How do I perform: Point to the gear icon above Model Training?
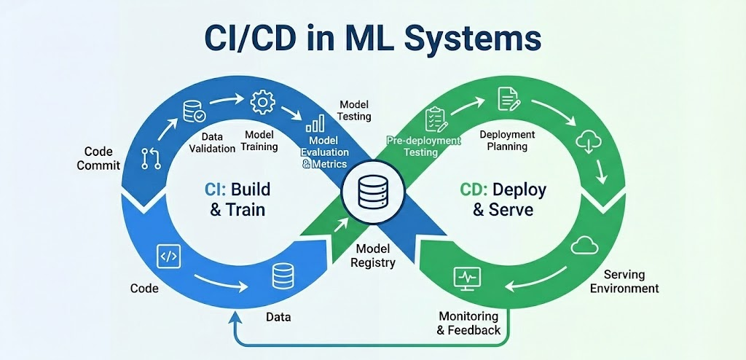pos(260,103)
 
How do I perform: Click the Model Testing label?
pos(355,111)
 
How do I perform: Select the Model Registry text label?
pos(372,256)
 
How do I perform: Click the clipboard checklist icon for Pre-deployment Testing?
pos(436,117)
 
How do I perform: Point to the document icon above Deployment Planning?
pos(506,99)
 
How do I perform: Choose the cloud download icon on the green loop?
pos(586,140)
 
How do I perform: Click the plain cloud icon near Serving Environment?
pos(585,246)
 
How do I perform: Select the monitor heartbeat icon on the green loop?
pos(466,277)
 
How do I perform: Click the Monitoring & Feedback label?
pos(468,323)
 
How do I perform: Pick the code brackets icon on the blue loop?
pos(168,256)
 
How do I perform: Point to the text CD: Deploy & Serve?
pos(502,200)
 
